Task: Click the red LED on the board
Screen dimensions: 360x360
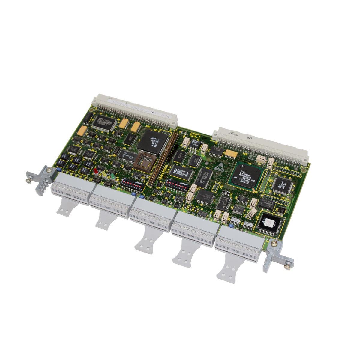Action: [x=96, y=172]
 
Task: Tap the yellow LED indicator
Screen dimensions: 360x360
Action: [x=104, y=174]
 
